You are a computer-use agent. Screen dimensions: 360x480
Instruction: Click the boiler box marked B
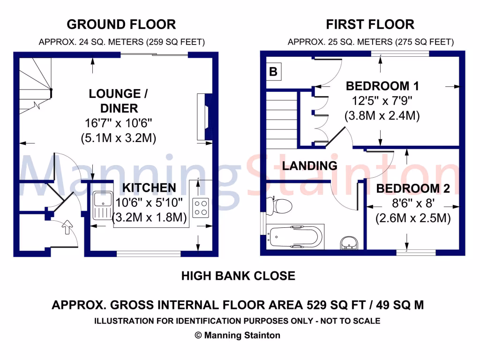pos(273,72)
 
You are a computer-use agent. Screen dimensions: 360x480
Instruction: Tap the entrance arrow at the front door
pos(66,228)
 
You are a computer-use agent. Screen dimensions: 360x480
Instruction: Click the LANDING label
pos(309,165)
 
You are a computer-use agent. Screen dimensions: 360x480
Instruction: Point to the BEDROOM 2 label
pos(413,189)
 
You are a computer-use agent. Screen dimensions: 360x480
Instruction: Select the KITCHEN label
pos(149,188)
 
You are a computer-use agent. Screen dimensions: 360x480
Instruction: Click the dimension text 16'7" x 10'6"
pos(119,124)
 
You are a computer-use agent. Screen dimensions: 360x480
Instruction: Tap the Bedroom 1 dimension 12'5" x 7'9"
pos(382,100)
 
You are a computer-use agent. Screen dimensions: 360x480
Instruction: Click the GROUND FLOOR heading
pos(121,24)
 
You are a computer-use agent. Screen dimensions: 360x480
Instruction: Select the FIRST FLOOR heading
pos(370,24)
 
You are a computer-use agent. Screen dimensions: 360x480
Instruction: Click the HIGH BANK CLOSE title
pos(238,276)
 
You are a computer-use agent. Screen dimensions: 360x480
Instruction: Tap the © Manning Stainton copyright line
pos(237,335)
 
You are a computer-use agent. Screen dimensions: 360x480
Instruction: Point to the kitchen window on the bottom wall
pos(148,254)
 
